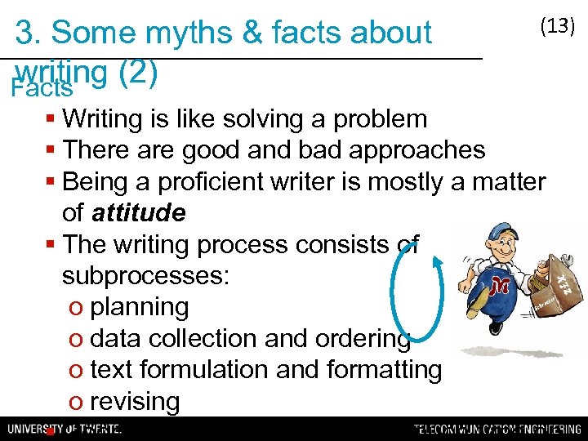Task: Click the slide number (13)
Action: click(x=558, y=26)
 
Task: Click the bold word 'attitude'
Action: click(x=138, y=213)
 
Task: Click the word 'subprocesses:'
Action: click(x=146, y=275)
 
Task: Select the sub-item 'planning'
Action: click(x=140, y=307)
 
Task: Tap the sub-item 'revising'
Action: click(x=135, y=402)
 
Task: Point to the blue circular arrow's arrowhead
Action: click(x=439, y=261)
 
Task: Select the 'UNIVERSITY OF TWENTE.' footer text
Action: click(x=65, y=429)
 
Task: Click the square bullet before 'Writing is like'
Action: click(x=51, y=120)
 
